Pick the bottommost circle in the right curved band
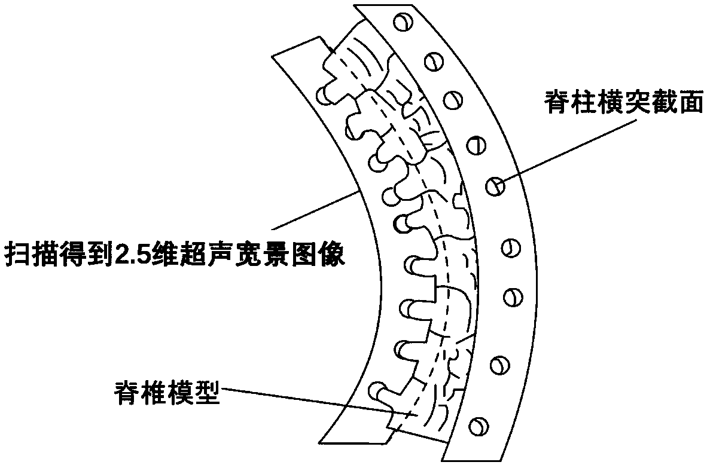point(477,425)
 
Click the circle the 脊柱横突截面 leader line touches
point(495,186)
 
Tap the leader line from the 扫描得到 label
point(317,209)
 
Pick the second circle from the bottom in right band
point(498,363)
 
